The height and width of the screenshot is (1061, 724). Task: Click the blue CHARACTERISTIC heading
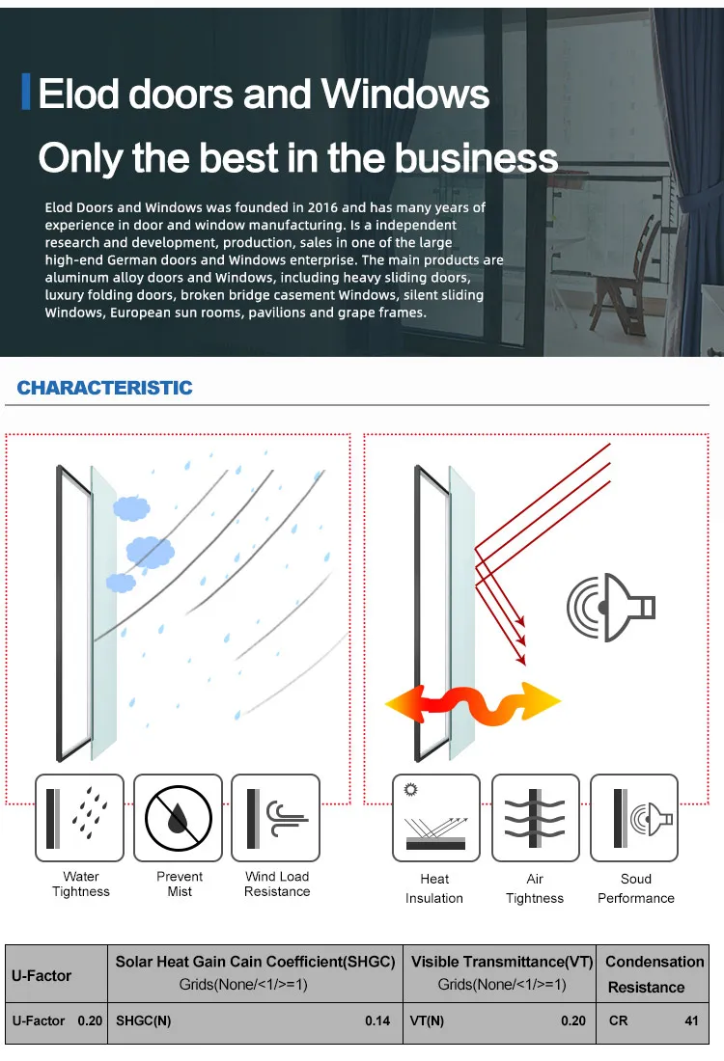point(104,388)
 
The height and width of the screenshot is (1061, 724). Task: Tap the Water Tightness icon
point(80,818)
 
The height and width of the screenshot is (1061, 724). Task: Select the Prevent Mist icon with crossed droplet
point(179,818)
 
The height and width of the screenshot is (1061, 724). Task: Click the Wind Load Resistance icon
point(276,818)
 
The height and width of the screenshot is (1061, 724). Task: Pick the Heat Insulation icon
point(435,818)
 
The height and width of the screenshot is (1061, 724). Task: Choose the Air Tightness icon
point(534,818)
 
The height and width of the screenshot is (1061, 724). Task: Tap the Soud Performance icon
point(634,818)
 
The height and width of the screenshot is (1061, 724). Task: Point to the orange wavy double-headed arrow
point(473,701)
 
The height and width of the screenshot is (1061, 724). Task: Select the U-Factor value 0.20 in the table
point(90,1020)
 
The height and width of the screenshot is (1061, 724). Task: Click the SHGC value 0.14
point(377,1020)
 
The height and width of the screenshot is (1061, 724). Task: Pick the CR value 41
point(691,1020)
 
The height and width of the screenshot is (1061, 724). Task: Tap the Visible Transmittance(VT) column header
point(501,962)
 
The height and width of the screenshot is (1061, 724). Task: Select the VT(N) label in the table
point(428,1020)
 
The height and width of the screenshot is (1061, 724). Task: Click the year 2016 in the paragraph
point(354,207)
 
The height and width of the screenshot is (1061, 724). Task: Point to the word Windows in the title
point(405,95)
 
